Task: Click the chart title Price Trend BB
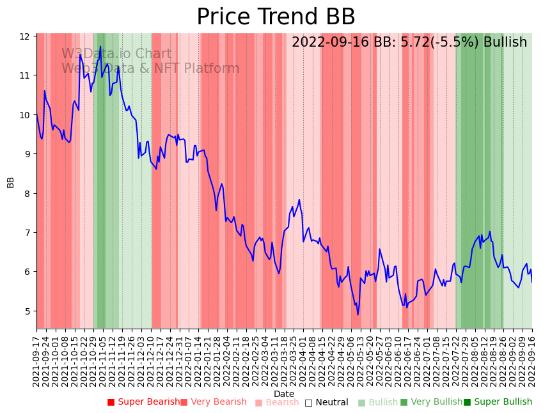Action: coord(276,17)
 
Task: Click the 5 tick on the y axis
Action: coord(26,311)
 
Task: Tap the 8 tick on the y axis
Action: coord(26,193)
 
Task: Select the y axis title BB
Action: coord(11,182)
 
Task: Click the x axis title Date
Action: coord(284,394)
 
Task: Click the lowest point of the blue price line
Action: coord(358,315)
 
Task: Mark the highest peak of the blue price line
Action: coord(101,47)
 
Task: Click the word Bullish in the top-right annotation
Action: coord(505,42)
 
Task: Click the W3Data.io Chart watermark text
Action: coord(116,54)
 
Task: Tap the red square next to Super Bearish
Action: coord(111,402)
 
